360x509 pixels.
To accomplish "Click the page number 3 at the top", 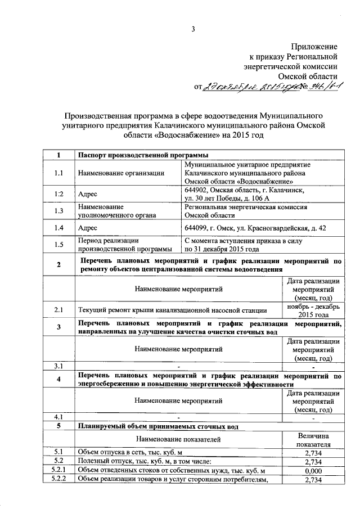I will (192, 30).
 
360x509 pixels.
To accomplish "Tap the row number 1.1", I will (58, 173).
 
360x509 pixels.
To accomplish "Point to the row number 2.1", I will (58, 309).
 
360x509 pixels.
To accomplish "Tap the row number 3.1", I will (58, 366).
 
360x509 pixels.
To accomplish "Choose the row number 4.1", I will (58, 417).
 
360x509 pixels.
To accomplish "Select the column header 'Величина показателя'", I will (313, 440).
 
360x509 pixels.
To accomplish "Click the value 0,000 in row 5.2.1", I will (313, 470).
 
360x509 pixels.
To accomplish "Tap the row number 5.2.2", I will (58, 480).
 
